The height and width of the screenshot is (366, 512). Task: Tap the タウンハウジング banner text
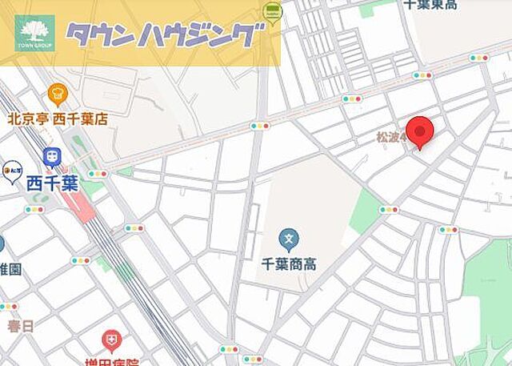[x=164, y=34]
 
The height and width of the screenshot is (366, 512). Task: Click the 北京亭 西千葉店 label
[x=58, y=119]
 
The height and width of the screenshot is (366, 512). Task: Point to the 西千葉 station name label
[x=52, y=182]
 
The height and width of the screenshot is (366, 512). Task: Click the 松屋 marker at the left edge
[x=11, y=170]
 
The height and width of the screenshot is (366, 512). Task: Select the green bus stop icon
[x=272, y=10]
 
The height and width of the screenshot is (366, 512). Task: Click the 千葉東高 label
[x=430, y=5]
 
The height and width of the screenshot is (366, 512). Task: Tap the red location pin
[x=420, y=131]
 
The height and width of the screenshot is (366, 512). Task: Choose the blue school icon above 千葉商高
[x=289, y=238]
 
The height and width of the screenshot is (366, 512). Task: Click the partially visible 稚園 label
[x=10, y=269]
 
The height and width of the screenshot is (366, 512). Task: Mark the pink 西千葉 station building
[x=77, y=206]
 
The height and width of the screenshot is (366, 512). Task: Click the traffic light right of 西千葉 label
[x=98, y=174]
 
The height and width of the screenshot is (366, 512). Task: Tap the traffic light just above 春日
[x=8, y=307]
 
